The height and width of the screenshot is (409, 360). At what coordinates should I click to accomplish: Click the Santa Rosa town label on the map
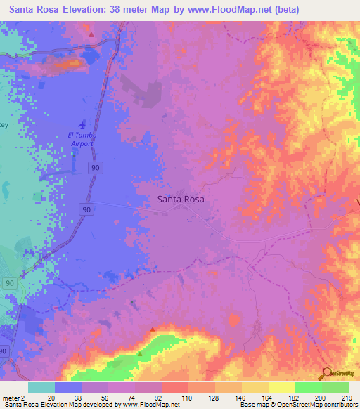(179, 199)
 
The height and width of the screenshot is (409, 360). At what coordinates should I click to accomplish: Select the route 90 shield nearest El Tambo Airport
(94, 167)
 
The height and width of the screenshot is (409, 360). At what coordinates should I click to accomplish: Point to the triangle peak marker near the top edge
(91, 33)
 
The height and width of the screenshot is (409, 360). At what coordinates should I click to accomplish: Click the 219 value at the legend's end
(346, 397)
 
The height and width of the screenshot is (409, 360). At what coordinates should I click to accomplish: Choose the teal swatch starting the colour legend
(41, 387)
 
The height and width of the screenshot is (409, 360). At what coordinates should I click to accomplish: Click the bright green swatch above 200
(309, 387)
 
